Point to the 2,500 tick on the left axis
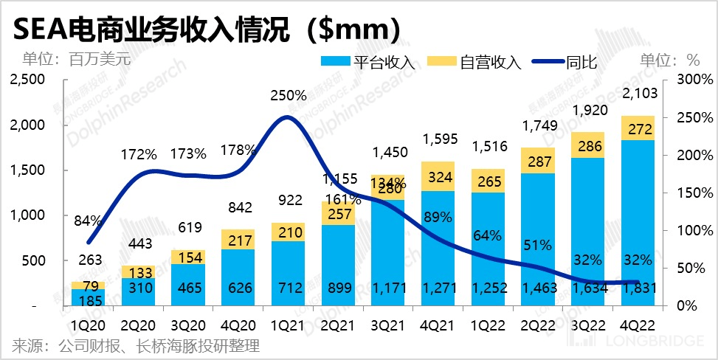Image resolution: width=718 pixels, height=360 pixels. coord(27,80)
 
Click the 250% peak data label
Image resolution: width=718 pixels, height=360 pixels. coord(289,96)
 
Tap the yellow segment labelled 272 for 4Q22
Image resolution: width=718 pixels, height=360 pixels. coord(638,128)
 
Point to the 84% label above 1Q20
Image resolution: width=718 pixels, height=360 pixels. coord(88,221)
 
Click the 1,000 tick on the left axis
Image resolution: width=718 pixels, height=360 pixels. coord(27,215)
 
